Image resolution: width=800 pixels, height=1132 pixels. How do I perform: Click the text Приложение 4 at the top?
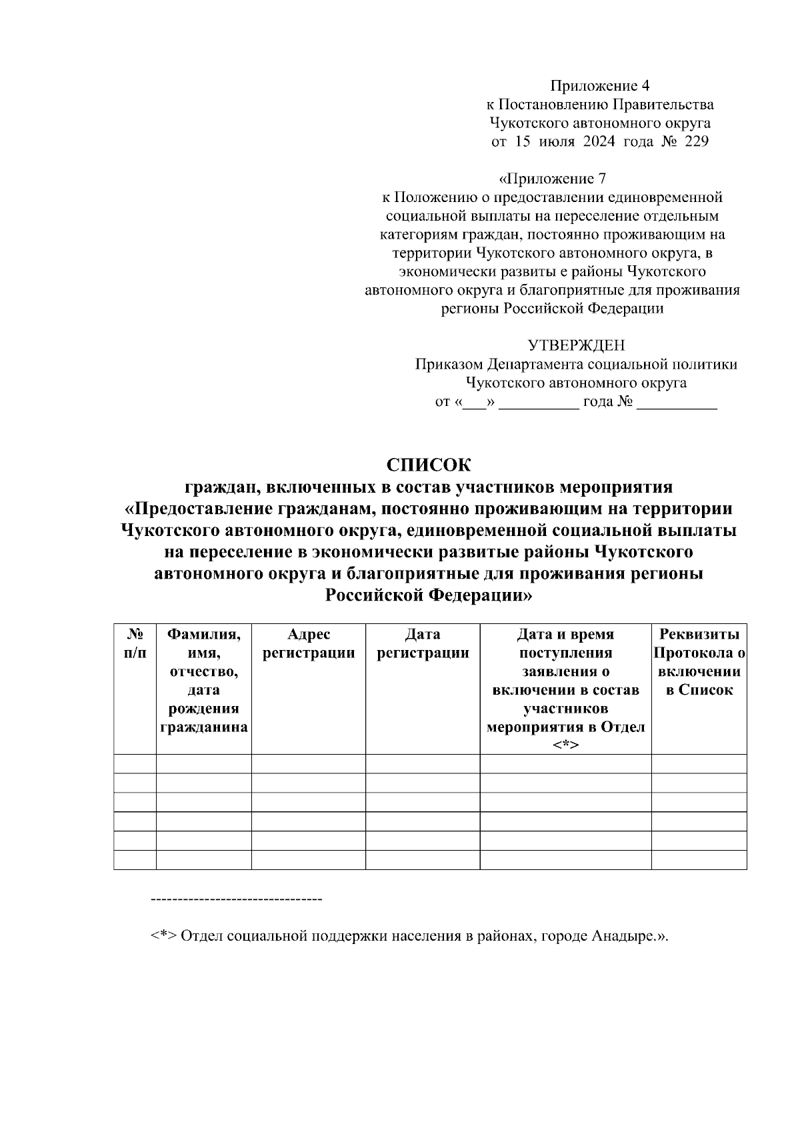point(599,85)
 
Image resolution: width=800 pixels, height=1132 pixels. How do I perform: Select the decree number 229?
point(696,141)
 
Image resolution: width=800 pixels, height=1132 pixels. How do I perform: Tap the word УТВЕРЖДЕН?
point(576,345)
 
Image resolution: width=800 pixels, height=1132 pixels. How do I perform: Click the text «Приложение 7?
point(553,179)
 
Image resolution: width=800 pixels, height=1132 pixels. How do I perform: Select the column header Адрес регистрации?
point(309,643)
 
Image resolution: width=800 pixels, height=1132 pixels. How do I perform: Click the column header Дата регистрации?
point(423,643)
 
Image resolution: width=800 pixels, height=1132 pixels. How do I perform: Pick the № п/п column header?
point(135,643)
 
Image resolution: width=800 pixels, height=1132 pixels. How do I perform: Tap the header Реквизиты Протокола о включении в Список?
point(699,662)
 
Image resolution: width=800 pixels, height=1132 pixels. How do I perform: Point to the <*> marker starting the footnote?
point(163,935)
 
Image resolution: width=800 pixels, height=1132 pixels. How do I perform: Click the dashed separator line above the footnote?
point(237,900)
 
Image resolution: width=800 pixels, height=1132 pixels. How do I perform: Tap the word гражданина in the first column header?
point(204,727)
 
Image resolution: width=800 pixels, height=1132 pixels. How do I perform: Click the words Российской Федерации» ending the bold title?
point(429,595)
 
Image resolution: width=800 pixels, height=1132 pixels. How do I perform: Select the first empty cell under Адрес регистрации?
point(309,764)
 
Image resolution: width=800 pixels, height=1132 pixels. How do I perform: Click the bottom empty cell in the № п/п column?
point(135,860)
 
